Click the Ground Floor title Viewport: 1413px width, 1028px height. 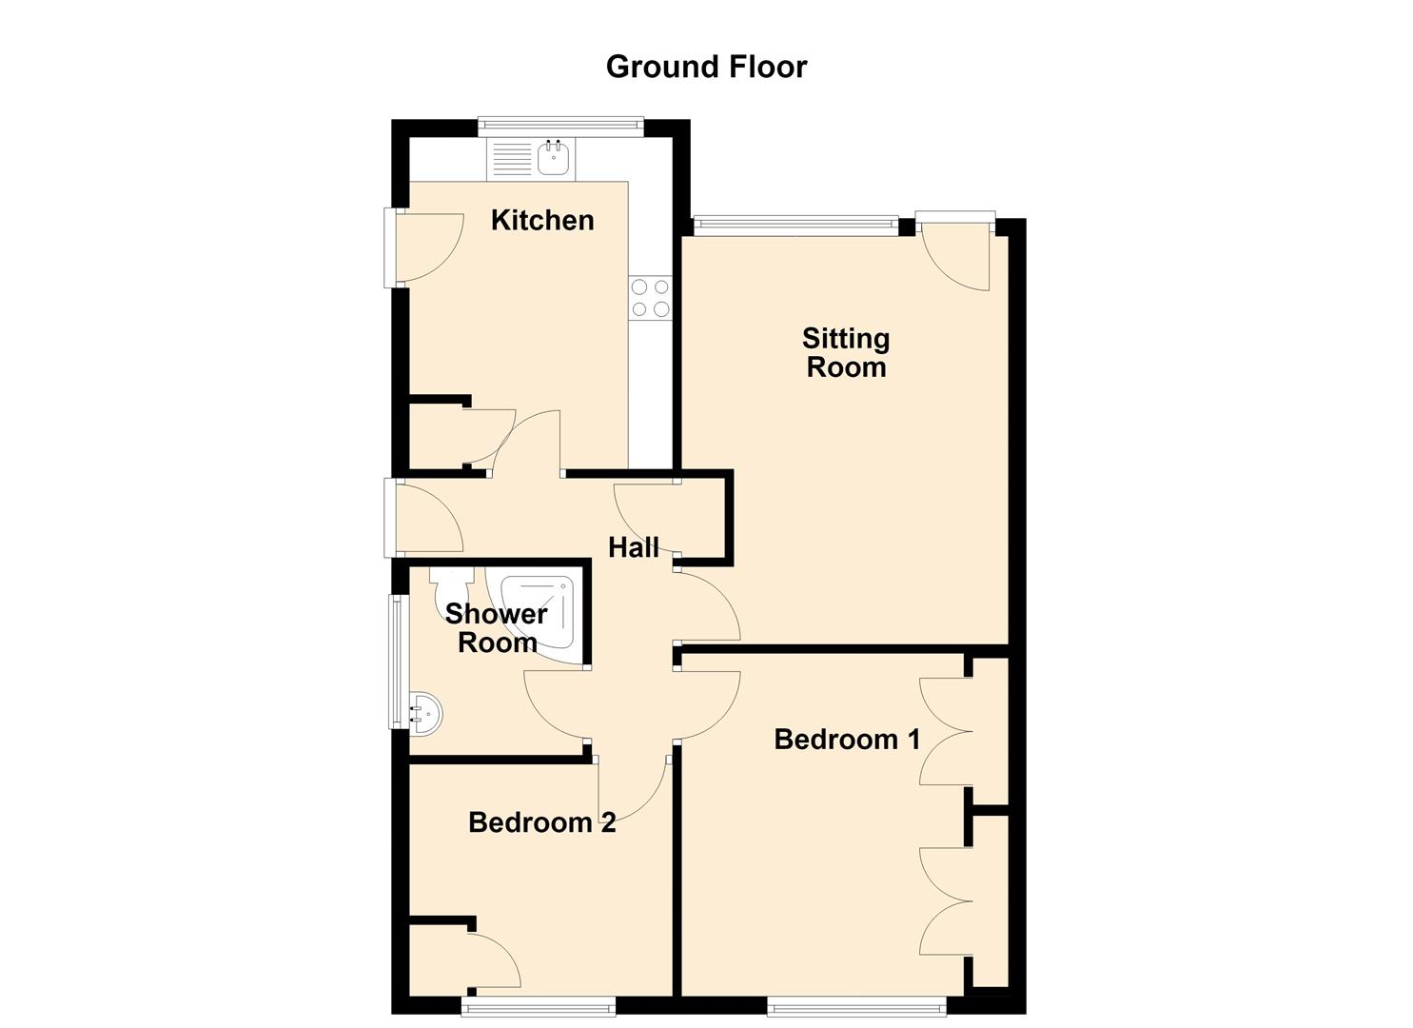[706, 67]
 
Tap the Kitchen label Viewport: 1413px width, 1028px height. [542, 220]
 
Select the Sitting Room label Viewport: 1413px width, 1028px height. [846, 353]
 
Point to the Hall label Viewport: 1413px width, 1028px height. [634, 547]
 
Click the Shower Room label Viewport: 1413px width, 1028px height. [497, 628]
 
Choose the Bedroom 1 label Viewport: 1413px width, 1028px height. [847, 739]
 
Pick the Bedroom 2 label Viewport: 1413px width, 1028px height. [541, 822]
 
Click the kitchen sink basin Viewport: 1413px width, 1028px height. [556, 157]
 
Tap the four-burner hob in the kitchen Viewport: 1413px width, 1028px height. [650, 298]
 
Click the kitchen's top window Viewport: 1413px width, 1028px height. [560, 127]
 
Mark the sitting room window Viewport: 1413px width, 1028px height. [796, 227]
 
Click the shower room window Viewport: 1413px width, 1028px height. [398, 662]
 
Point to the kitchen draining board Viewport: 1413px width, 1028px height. [512, 158]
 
